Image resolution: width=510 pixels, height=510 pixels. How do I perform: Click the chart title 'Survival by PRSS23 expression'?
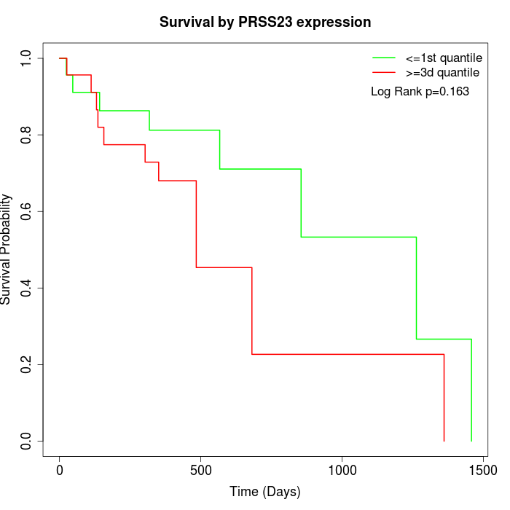point(265,23)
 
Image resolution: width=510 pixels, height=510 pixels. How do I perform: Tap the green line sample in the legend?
point(383,58)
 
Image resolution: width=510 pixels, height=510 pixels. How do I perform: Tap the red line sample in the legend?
point(383,73)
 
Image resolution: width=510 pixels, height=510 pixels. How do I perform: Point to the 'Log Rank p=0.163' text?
point(420,92)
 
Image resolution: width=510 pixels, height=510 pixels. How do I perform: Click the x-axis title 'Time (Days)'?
point(265,492)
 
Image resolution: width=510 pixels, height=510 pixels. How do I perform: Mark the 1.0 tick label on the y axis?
point(26,58)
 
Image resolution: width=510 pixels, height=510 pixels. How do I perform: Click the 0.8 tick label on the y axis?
point(26,135)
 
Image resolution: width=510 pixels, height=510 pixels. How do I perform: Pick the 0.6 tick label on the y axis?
point(26,211)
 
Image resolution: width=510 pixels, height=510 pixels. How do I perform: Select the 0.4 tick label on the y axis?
point(26,288)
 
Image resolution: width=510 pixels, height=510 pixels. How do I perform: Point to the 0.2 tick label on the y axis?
point(26,364)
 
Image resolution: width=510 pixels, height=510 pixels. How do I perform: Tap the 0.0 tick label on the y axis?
point(26,441)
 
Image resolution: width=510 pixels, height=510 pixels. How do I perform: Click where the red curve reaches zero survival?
point(444,441)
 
